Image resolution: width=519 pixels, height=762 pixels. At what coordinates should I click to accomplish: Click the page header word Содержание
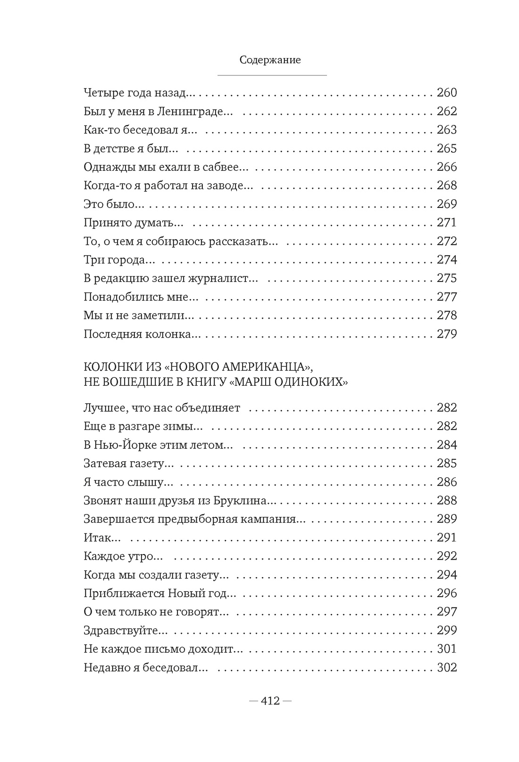[x=270, y=60]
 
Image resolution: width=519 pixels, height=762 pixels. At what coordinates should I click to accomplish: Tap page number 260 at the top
[x=447, y=92]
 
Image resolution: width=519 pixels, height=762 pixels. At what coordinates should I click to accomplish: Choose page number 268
[x=447, y=185]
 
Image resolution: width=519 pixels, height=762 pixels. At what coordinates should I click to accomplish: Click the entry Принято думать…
[x=134, y=223]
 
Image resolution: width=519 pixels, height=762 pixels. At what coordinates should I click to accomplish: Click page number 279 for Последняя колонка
[x=447, y=334]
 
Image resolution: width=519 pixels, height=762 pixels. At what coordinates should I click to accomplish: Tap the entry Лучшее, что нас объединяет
[x=162, y=408]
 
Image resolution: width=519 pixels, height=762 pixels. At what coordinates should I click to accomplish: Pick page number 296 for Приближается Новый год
[x=447, y=593]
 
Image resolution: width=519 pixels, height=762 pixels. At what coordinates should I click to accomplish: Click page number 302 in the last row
[x=447, y=667]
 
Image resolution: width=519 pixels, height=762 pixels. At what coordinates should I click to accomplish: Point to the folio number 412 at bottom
[x=270, y=701]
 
